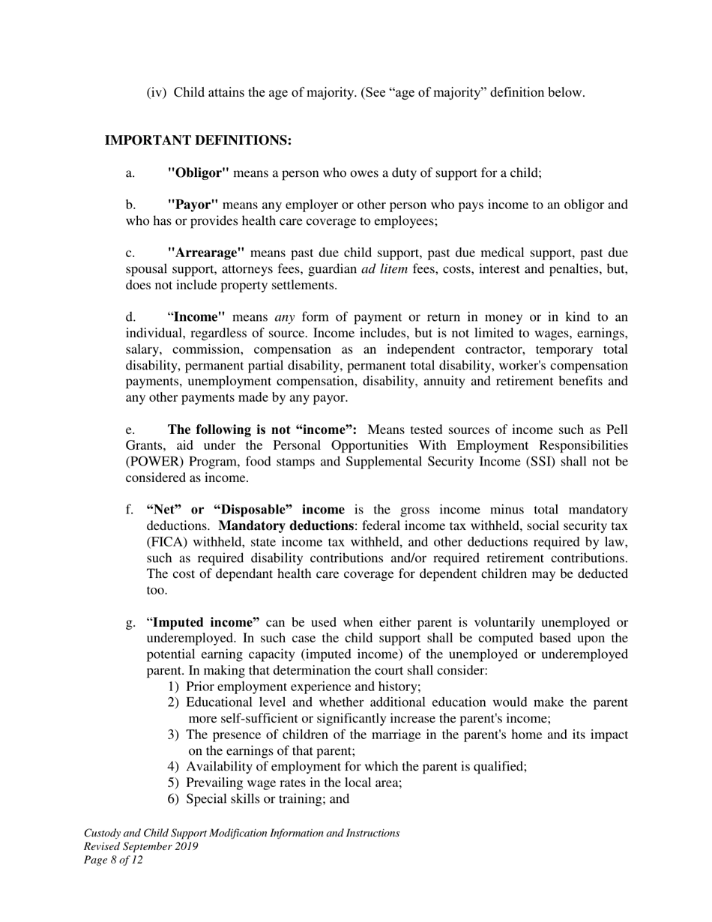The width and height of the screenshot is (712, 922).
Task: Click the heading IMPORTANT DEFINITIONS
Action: (198, 140)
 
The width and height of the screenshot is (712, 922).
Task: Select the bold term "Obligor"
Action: (199, 172)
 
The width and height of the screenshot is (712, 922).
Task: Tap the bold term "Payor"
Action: (193, 205)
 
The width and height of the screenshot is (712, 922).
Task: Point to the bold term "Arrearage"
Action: (206, 253)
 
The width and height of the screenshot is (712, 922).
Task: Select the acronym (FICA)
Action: (169, 542)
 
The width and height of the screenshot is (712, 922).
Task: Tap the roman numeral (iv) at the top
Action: (156, 92)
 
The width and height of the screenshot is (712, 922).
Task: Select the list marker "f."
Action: (130, 510)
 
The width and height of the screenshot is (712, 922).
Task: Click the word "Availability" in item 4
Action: (218, 766)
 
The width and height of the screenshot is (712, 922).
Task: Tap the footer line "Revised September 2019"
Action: (141, 846)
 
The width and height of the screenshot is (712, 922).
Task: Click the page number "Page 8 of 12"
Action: (113, 860)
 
